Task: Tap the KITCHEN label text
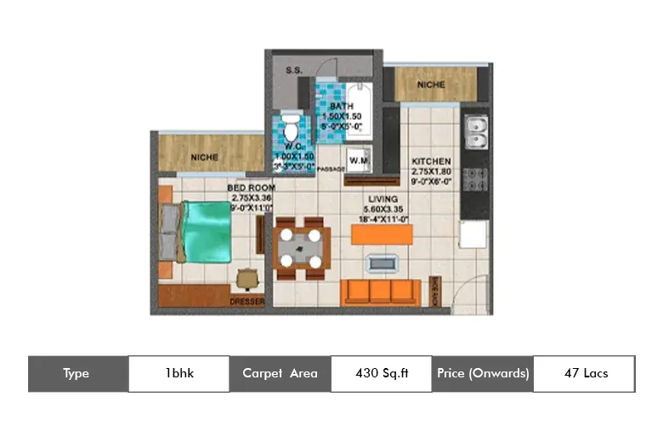click(x=431, y=161)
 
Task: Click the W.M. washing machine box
click(x=358, y=160)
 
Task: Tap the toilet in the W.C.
click(x=292, y=128)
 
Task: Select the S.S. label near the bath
click(x=295, y=70)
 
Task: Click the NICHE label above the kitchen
click(x=432, y=84)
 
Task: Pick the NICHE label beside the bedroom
click(x=205, y=156)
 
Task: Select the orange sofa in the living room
click(x=380, y=291)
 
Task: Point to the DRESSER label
click(x=247, y=302)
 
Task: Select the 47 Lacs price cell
click(x=585, y=373)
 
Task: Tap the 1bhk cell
click(x=178, y=373)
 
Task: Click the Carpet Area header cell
click(x=280, y=373)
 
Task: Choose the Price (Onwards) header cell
click(x=483, y=373)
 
